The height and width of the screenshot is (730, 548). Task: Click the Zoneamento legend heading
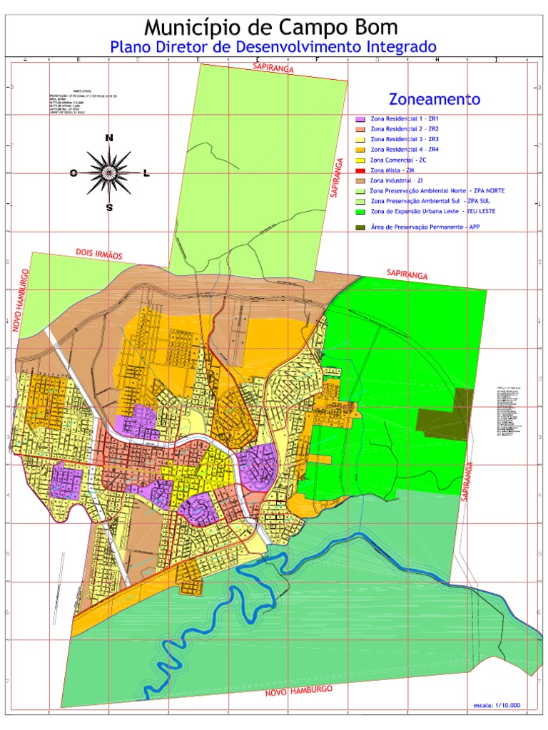click(435, 99)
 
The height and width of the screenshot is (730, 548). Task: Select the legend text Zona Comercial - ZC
click(399, 160)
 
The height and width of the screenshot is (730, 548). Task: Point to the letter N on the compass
click(108, 138)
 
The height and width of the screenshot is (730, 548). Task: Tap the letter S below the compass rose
click(109, 208)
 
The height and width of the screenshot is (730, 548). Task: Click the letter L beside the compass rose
click(146, 173)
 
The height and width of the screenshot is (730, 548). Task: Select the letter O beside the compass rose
click(73, 173)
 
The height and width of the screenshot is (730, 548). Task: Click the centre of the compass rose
click(109, 173)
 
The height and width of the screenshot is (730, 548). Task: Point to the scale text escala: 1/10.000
click(497, 705)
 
